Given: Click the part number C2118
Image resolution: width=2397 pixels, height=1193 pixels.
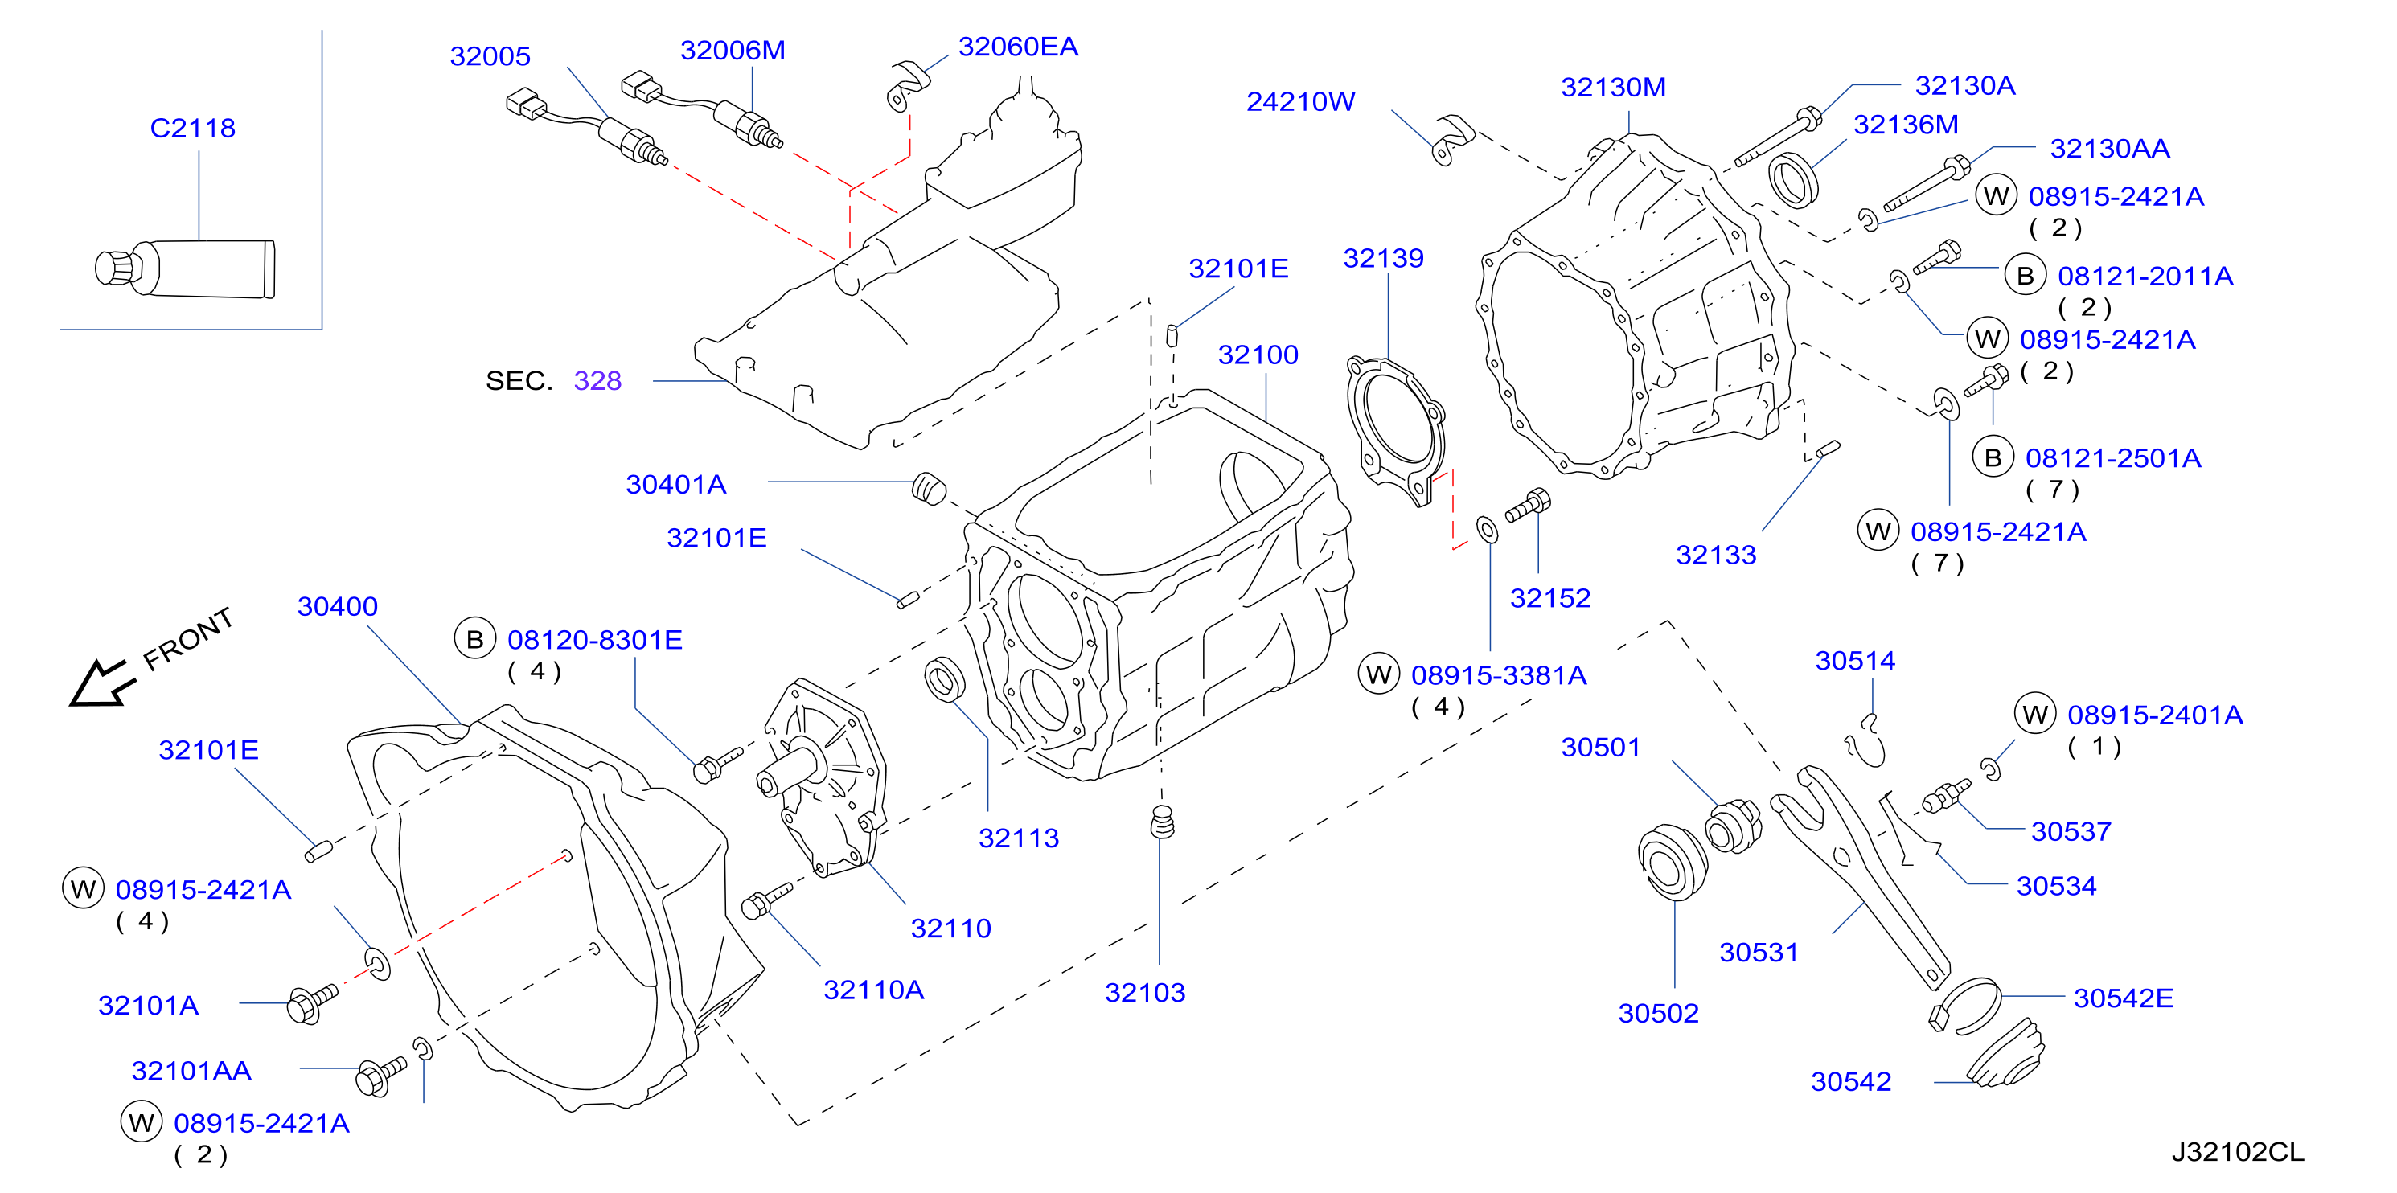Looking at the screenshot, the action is click(193, 128).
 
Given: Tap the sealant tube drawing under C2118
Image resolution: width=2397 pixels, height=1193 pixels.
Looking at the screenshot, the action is click(185, 269).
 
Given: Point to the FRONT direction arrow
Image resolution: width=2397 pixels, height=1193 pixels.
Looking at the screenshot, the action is click(101, 684).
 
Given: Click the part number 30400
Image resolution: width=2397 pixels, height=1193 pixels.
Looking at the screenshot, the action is click(338, 607).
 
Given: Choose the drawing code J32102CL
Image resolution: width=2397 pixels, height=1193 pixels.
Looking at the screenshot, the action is click(2238, 1152).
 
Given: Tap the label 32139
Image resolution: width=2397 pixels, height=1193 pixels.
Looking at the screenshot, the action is click(1384, 258).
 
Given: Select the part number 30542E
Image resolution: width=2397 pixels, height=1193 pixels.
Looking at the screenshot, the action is click(2124, 998).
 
